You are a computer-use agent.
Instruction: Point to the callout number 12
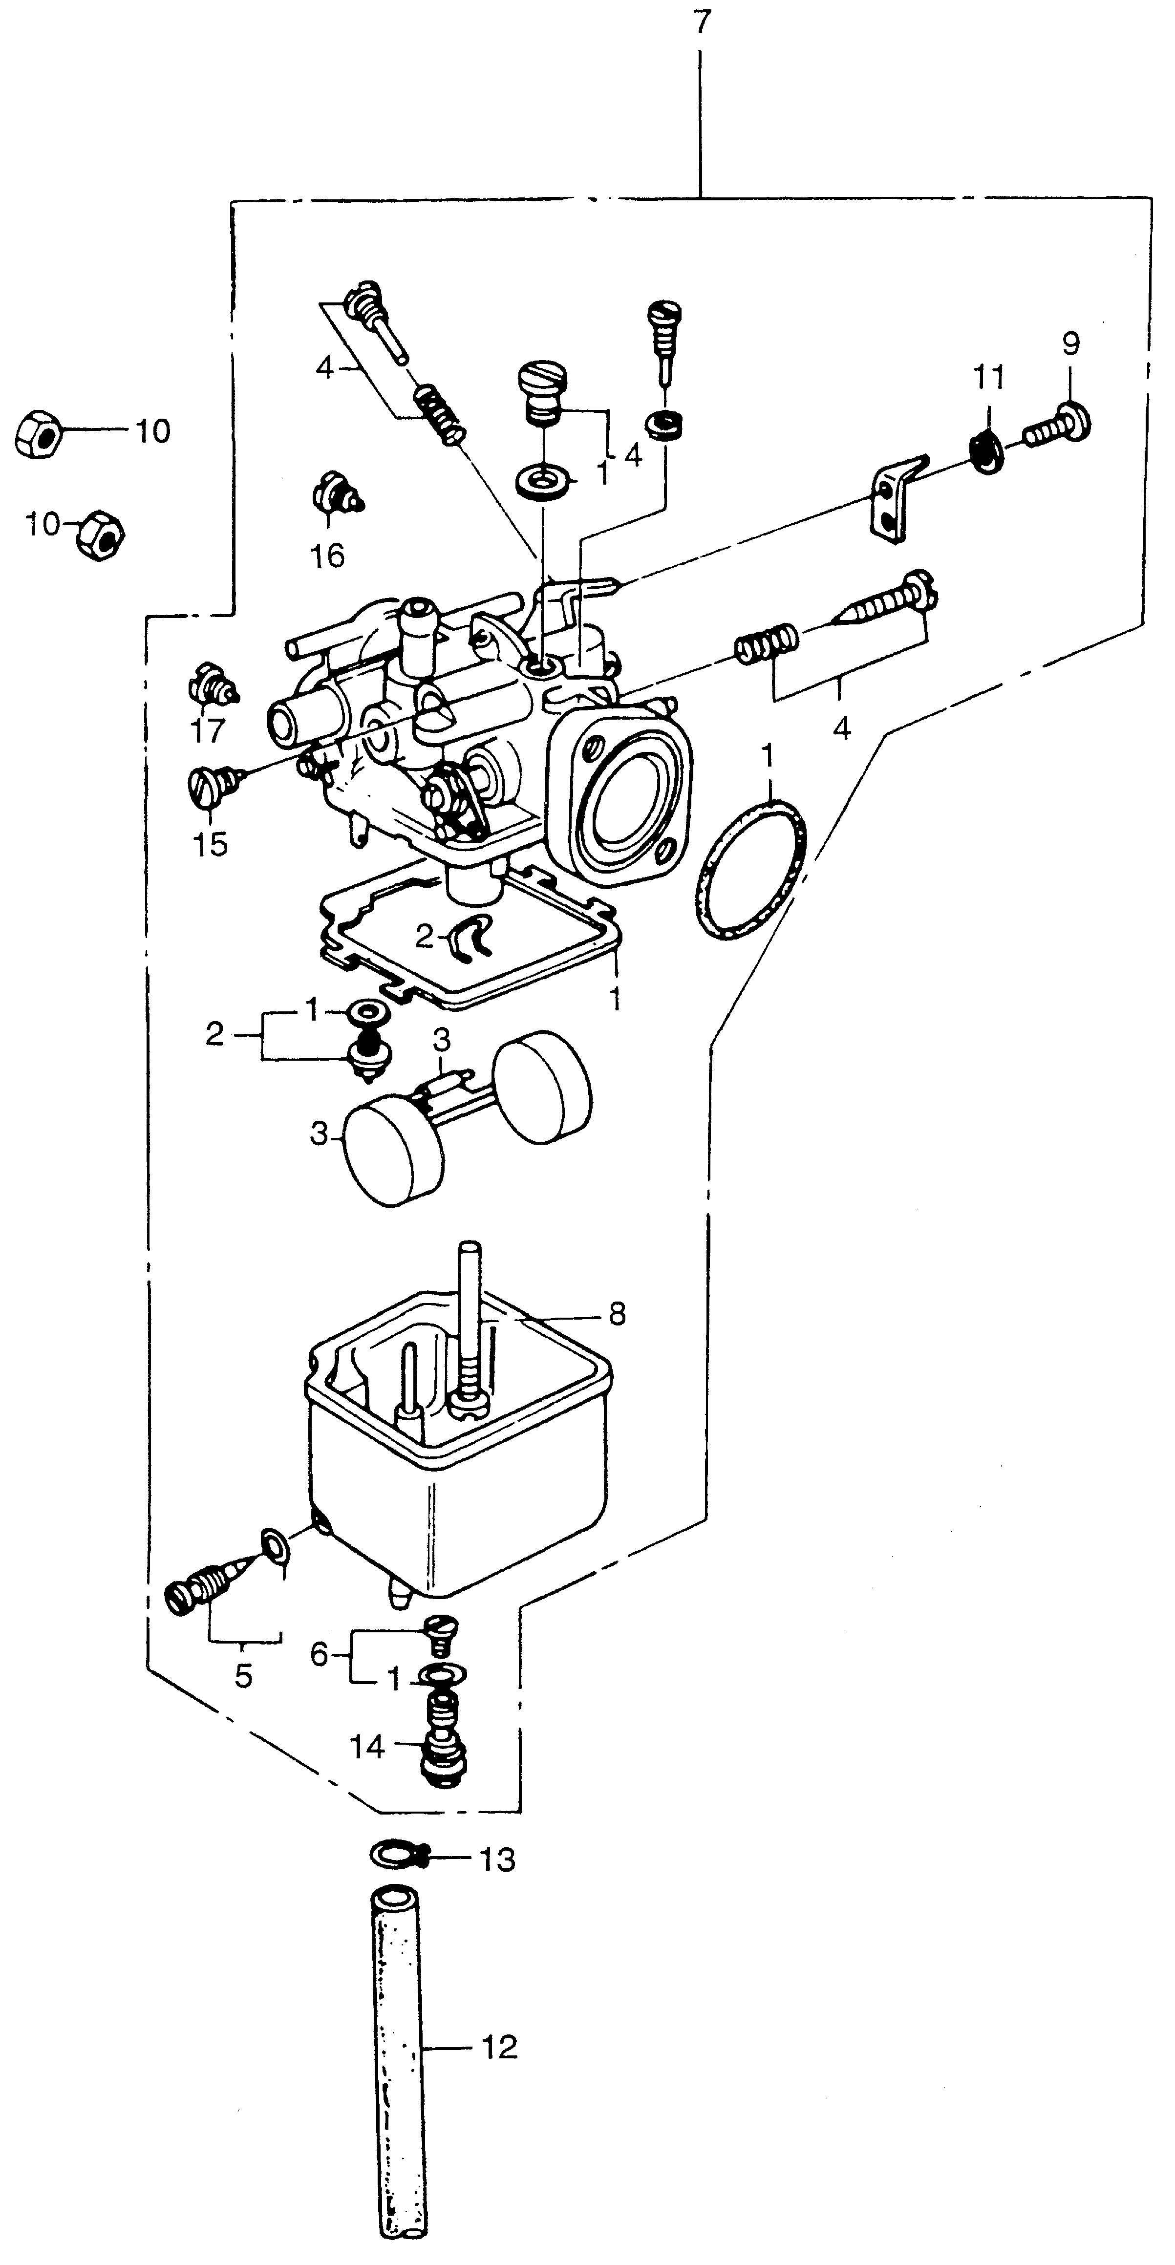click(499, 2048)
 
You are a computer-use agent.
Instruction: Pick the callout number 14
click(367, 1746)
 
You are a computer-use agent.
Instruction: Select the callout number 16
click(327, 556)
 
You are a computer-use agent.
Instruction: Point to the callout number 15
click(210, 844)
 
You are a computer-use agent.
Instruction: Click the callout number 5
click(244, 1677)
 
